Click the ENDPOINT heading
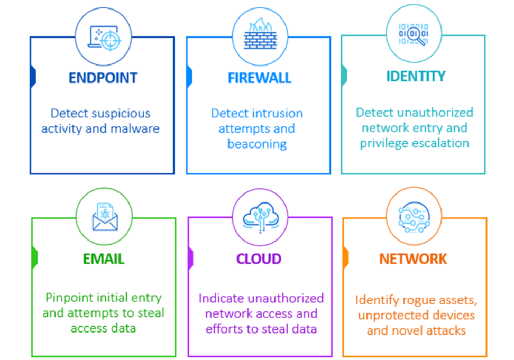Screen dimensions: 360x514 coord(103,78)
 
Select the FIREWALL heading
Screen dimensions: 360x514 coord(259,78)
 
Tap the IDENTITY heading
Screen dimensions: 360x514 coord(416,76)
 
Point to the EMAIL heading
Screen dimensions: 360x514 coord(104,259)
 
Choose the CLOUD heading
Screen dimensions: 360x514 coord(259,259)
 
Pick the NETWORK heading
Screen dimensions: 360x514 coord(413,259)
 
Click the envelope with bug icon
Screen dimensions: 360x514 coord(104,217)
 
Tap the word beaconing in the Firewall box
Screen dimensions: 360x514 coord(257,144)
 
